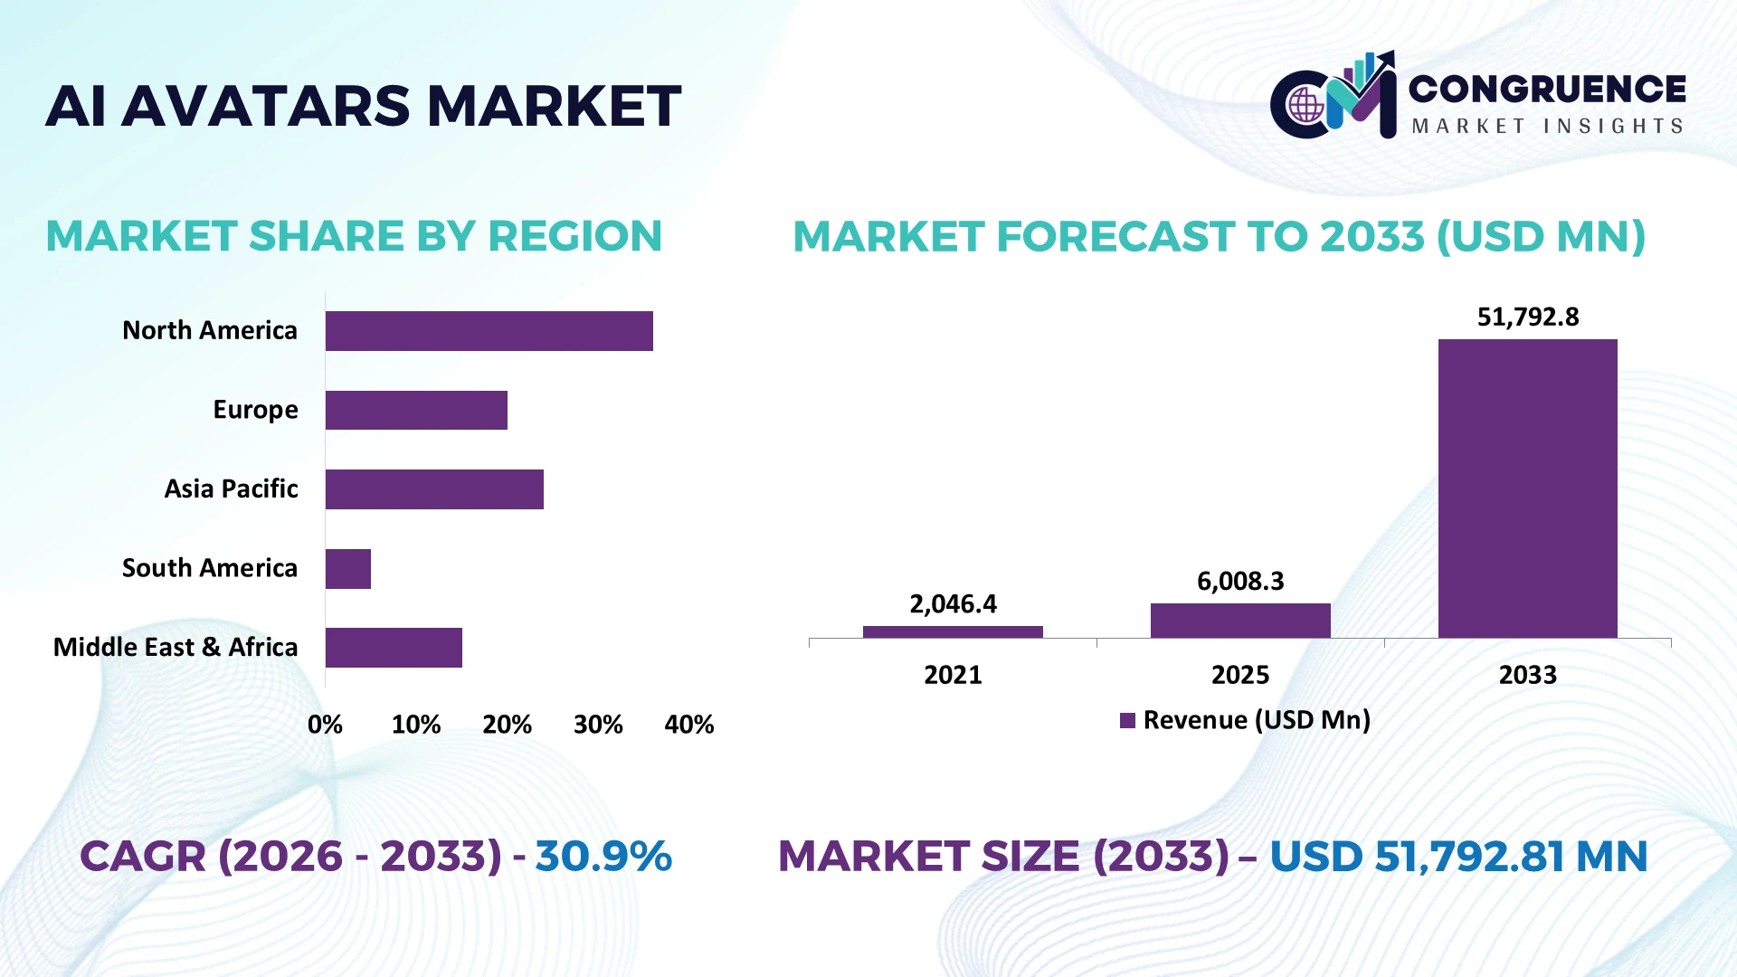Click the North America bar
pos(489,331)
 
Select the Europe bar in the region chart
pos(416,410)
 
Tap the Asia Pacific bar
pos(434,489)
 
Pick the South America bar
pos(348,569)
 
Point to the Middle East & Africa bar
pos(394,648)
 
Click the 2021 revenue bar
pos(953,631)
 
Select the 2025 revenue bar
pos(1240,621)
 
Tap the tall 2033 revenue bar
pos(1528,488)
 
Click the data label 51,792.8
pos(1528,317)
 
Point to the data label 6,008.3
pos(1240,581)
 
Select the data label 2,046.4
pos(953,603)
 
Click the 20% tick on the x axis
pos(507,724)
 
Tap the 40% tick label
pos(689,724)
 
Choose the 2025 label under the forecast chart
pos(1240,675)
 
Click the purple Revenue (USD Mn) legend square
pos(1127,721)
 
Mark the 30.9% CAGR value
pos(603,856)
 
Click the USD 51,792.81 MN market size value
pos(1458,857)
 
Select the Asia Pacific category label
pos(231,488)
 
